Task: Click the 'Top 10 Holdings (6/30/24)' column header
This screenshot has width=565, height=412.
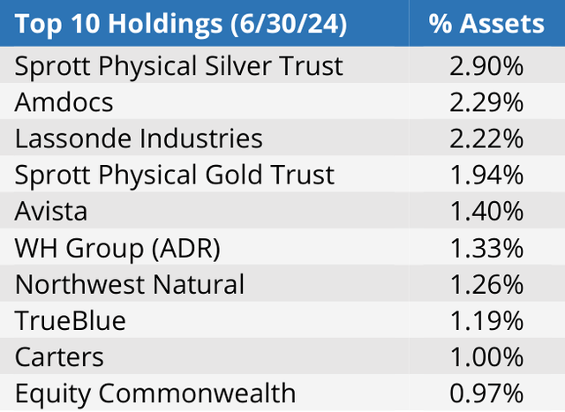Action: (x=181, y=23)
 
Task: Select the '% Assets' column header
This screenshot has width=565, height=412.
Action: (x=486, y=23)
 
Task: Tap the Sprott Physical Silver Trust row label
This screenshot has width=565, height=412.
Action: (x=178, y=65)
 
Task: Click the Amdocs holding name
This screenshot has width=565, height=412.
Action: (x=64, y=101)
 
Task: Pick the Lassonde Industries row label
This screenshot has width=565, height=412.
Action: (x=139, y=139)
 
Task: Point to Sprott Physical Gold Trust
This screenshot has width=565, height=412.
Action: (x=175, y=175)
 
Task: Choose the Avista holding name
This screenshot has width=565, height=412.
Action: (x=52, y=211)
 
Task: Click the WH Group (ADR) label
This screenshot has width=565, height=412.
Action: (x=117, y=248)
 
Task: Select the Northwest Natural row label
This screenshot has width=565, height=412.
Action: (x=130, y=284)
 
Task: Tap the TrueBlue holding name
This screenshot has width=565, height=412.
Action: (x=70, y=320)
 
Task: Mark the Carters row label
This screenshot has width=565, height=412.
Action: (x=59, y=356)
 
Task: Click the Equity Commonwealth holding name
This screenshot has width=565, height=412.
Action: (x=155, y=393)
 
